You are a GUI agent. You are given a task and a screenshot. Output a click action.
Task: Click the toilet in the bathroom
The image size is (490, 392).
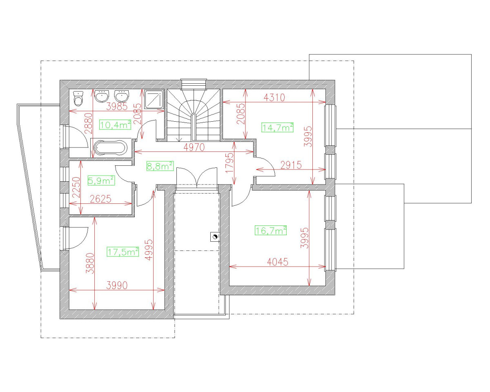pyautogui.click(x=78, y=98)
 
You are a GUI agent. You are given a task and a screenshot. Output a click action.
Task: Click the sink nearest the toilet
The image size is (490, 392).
pyautogui.click(x=102, y=97)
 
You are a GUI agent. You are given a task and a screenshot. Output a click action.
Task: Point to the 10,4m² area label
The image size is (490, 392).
pyautogui.click(x=115, y=125)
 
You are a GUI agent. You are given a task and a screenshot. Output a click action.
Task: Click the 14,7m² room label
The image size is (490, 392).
pyautogui.click(x=278, y=127)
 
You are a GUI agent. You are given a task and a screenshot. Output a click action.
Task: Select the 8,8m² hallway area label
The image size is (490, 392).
pyautogui.click(x=160, y=166)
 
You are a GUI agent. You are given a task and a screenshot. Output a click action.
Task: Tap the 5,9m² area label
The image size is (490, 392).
pyautogui.click(x=101, y=180)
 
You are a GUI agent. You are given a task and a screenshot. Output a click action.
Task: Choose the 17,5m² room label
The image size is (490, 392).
pyautogui.click(x=123, y=252)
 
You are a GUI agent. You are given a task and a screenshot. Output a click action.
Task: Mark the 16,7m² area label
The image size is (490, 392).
pyautogui.click(x=271, y=231)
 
